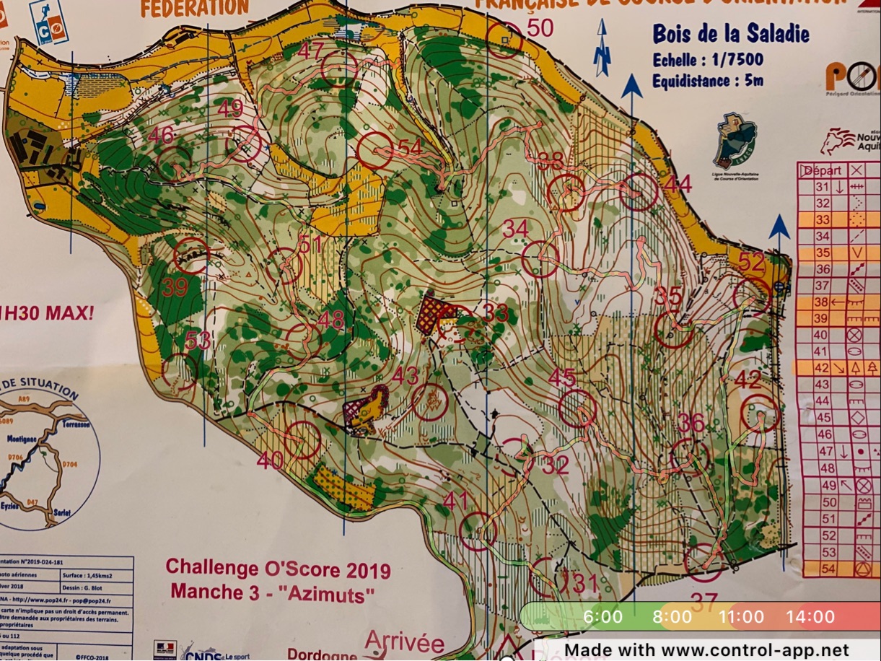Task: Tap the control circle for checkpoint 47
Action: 340,70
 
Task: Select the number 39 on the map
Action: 175,287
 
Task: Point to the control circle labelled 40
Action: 302,439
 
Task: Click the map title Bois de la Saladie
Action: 730,34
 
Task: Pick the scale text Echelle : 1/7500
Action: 707,59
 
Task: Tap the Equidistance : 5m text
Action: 707,81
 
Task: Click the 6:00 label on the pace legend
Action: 602,617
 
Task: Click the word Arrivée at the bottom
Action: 404,642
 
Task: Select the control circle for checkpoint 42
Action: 761,414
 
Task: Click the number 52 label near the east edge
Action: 751,263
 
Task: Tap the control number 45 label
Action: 562,377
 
